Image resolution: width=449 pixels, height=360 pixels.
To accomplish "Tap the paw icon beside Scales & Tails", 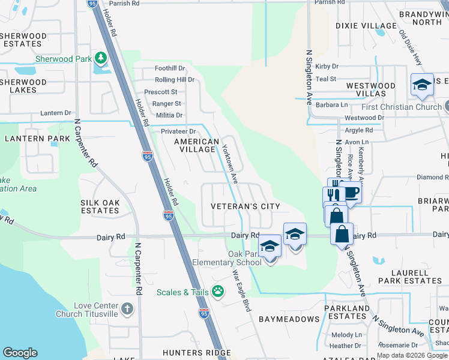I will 217,292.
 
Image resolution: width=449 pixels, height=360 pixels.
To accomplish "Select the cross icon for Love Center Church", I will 127,308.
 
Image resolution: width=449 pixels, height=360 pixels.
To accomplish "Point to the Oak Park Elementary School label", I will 227,258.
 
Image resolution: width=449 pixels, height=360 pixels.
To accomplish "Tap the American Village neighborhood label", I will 196,146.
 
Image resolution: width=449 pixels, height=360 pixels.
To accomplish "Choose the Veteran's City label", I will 245,206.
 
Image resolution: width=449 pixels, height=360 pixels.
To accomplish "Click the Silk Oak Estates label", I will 100,207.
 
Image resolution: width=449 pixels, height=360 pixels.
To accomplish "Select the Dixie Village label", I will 366,26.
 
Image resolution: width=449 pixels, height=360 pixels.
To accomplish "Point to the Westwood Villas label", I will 370,89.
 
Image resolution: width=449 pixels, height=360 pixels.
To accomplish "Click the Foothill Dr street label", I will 170,69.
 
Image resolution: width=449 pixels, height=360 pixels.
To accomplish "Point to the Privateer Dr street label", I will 178,131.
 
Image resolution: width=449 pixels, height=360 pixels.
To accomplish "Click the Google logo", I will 20,353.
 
